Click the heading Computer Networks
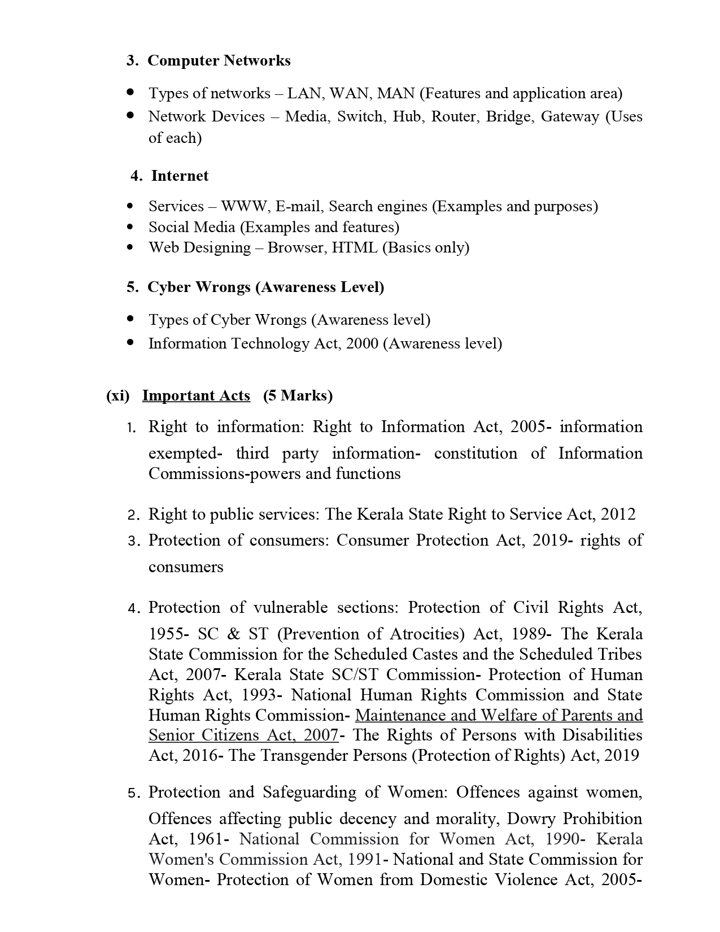[x=219, y=60]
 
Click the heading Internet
[x=180, y=176]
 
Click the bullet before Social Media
[x=131, y=227]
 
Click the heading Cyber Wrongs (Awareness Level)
[x=265, y=287]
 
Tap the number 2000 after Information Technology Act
[x=361, y=343]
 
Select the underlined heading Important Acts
[x=196, y=395]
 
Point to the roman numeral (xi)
[x=118, y=395]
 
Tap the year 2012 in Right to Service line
[x=618, y=514]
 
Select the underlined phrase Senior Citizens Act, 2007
[x=243, y=735]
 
